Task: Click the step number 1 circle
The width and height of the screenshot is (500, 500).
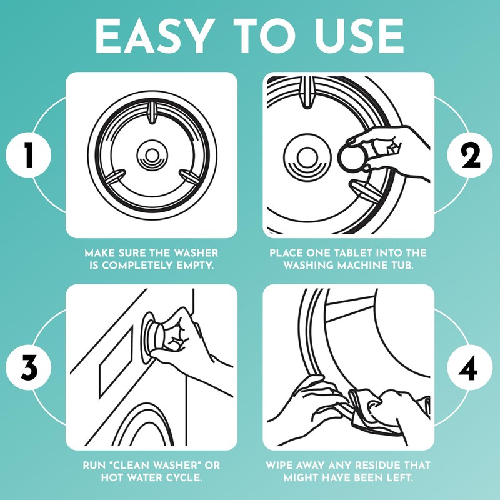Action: [28, 155]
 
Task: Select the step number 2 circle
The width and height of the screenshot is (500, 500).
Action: [470, 155]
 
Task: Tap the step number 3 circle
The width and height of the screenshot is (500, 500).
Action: [28, 367]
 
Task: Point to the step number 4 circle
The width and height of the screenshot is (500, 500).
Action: [470, 367]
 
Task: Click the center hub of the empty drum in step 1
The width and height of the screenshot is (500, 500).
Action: [152, 155]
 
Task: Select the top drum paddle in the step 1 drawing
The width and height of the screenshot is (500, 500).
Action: [152, 112]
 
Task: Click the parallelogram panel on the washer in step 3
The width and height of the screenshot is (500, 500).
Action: [116, 364]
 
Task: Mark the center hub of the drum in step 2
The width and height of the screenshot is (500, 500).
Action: [306, 157]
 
